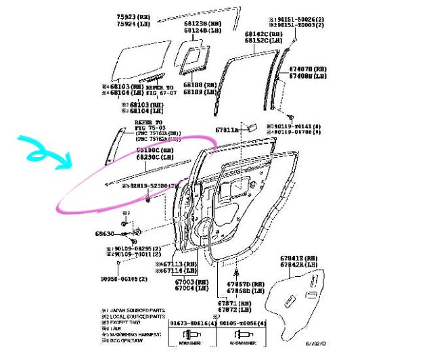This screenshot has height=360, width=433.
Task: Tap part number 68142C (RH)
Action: [263, 33]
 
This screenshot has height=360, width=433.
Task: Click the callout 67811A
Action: [227, 129]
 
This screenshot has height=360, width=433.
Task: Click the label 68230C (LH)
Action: [154, 157]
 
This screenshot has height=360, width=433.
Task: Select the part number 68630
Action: [105, 233]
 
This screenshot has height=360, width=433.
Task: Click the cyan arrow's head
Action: [68, 162]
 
